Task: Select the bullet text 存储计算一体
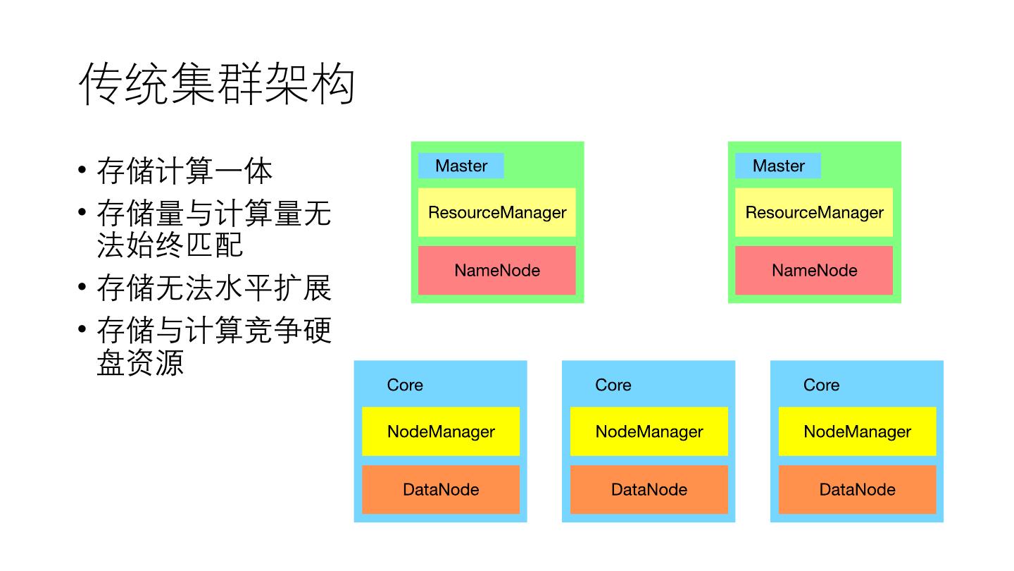tap(184, 171)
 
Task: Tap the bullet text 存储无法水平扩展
tap(214, 288)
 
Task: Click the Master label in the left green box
tap(461, 166)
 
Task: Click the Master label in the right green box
tap(778, 166)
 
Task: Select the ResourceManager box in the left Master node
tap(497, 212)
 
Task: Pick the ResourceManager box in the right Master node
tap(814, 212)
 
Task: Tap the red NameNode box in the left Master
tap(497, 270)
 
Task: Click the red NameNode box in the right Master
tap(814, 270)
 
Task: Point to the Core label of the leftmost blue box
tap(405, 385)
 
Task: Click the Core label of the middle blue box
tap(613, 385)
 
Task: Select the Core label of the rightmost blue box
tap(821, 385)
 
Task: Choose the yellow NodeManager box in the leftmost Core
tap(441, 431)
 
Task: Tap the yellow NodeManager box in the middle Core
tap(649, 431)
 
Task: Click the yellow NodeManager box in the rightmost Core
tap(858, 431)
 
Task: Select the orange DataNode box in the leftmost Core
tap(441, 489)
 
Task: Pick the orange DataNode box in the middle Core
tap(649, 489)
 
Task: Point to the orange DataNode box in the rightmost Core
tap(858, 489)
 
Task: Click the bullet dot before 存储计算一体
tap(83, 171)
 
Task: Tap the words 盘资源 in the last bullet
tap(140, 362)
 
